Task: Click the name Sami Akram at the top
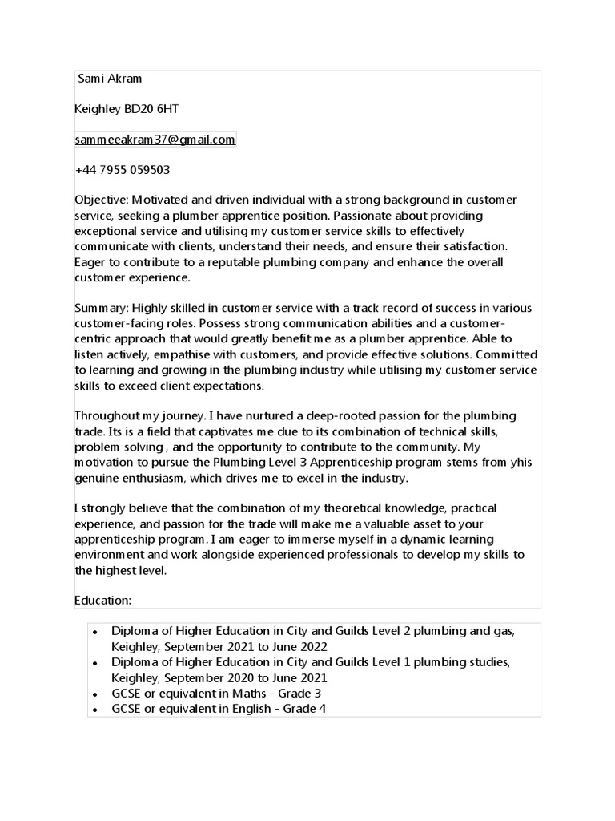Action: (110, 79)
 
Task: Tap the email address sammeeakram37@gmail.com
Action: (155, 140)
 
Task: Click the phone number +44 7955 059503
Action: (122, 170)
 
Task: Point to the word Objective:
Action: (101, 200)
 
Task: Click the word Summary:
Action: (102, 309)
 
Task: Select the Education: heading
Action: (102, 600)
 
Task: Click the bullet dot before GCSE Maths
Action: (95, 694)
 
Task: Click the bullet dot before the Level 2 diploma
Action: (95, 633)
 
